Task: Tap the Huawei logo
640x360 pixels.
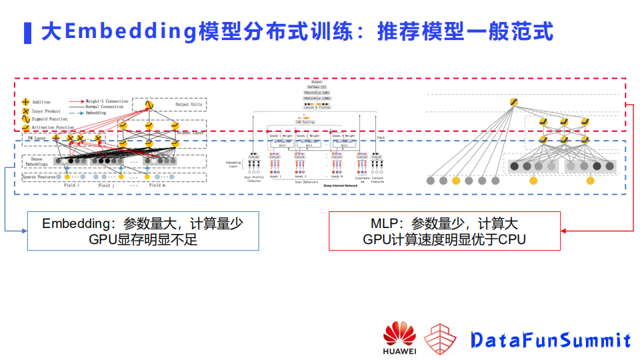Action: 399,337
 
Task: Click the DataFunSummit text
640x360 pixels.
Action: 550,341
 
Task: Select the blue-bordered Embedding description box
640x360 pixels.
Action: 143,231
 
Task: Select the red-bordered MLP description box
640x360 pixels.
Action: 444,231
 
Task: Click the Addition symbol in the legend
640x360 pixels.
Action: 25,102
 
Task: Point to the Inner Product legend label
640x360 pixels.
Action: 46,111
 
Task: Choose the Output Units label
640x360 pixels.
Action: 189,104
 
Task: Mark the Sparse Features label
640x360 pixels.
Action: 39,177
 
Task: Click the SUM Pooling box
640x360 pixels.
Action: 305,122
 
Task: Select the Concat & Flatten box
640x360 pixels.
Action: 316,107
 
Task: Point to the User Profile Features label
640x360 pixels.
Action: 254,179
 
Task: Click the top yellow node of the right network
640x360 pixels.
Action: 513,101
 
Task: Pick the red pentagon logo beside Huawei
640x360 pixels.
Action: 441,339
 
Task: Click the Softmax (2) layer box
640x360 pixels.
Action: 317,87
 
